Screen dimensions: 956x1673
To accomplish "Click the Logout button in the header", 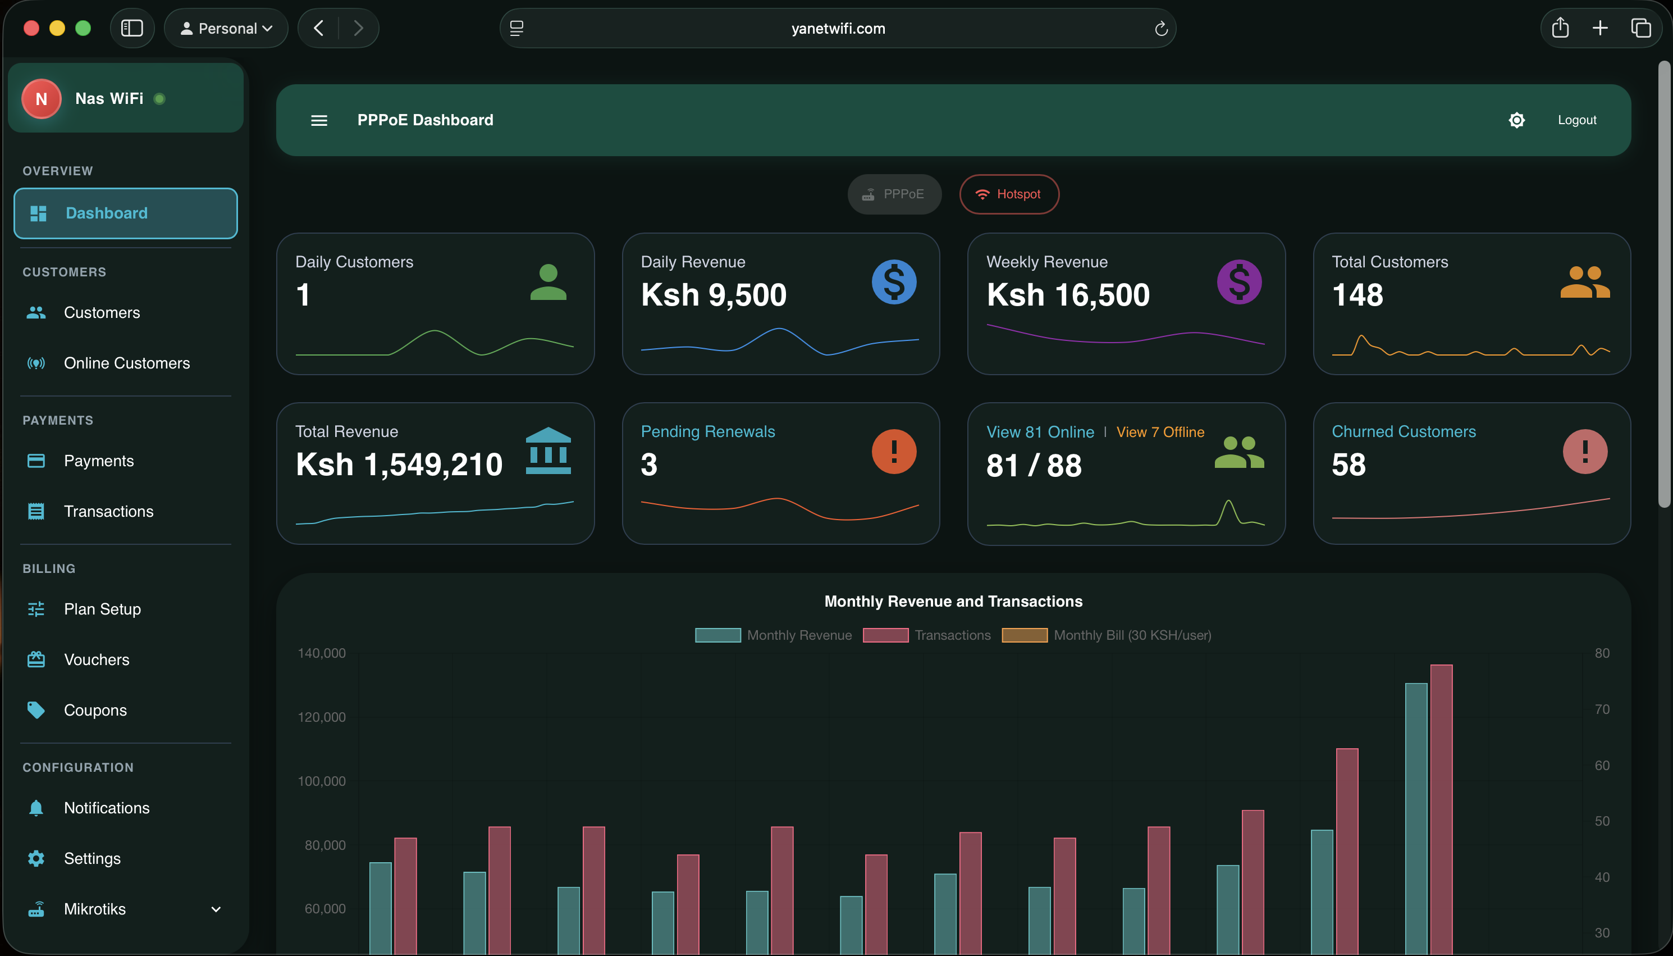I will point(1576,120).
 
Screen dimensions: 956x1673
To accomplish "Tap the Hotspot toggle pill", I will point(1008,194).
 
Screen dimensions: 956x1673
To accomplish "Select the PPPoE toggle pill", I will point(894,194).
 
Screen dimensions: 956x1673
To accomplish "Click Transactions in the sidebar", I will point(108,512).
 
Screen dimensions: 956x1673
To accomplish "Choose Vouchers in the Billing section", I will point(97,660).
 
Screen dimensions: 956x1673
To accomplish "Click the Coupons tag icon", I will point(36,710).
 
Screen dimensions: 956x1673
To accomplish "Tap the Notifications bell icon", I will point(36,808).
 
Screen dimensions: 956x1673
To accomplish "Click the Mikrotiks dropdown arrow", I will point(216,909).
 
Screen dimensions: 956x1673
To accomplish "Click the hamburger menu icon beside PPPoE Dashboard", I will point(319,120).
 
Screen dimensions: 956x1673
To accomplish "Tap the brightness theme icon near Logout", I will point(1516,120).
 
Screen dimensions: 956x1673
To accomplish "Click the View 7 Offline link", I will point(1160,432).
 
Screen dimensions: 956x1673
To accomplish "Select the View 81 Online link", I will point(1040,432).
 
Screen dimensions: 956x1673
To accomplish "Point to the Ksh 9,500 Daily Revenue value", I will point(713,295).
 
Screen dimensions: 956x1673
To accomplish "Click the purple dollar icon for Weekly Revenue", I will point(1238,283).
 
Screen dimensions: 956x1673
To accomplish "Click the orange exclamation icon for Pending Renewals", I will point(894,452).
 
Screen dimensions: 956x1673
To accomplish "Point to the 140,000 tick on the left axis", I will point(322,653).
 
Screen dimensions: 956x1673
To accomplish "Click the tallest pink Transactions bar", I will point(1441,808).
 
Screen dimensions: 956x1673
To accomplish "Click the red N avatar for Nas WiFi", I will point(42,99).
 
